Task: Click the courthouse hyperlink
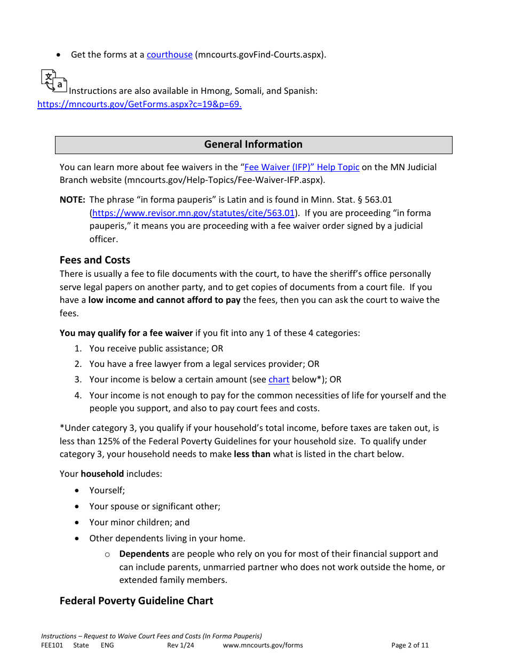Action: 169,54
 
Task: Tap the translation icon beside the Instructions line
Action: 54,81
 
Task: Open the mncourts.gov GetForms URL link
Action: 139,105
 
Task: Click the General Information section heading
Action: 253,145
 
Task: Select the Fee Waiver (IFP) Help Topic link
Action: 302,167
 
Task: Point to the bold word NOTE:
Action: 73,200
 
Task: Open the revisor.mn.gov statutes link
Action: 194,213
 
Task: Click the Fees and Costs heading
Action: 95,260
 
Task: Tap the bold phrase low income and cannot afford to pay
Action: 164,300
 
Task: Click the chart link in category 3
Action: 279,380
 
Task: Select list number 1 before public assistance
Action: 78,349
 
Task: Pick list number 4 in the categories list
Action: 78,396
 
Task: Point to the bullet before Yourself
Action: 78,491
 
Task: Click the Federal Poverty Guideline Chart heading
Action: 136,601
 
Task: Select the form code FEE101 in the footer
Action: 52,645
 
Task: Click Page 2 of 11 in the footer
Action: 410,645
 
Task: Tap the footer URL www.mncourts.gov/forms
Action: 263,645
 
